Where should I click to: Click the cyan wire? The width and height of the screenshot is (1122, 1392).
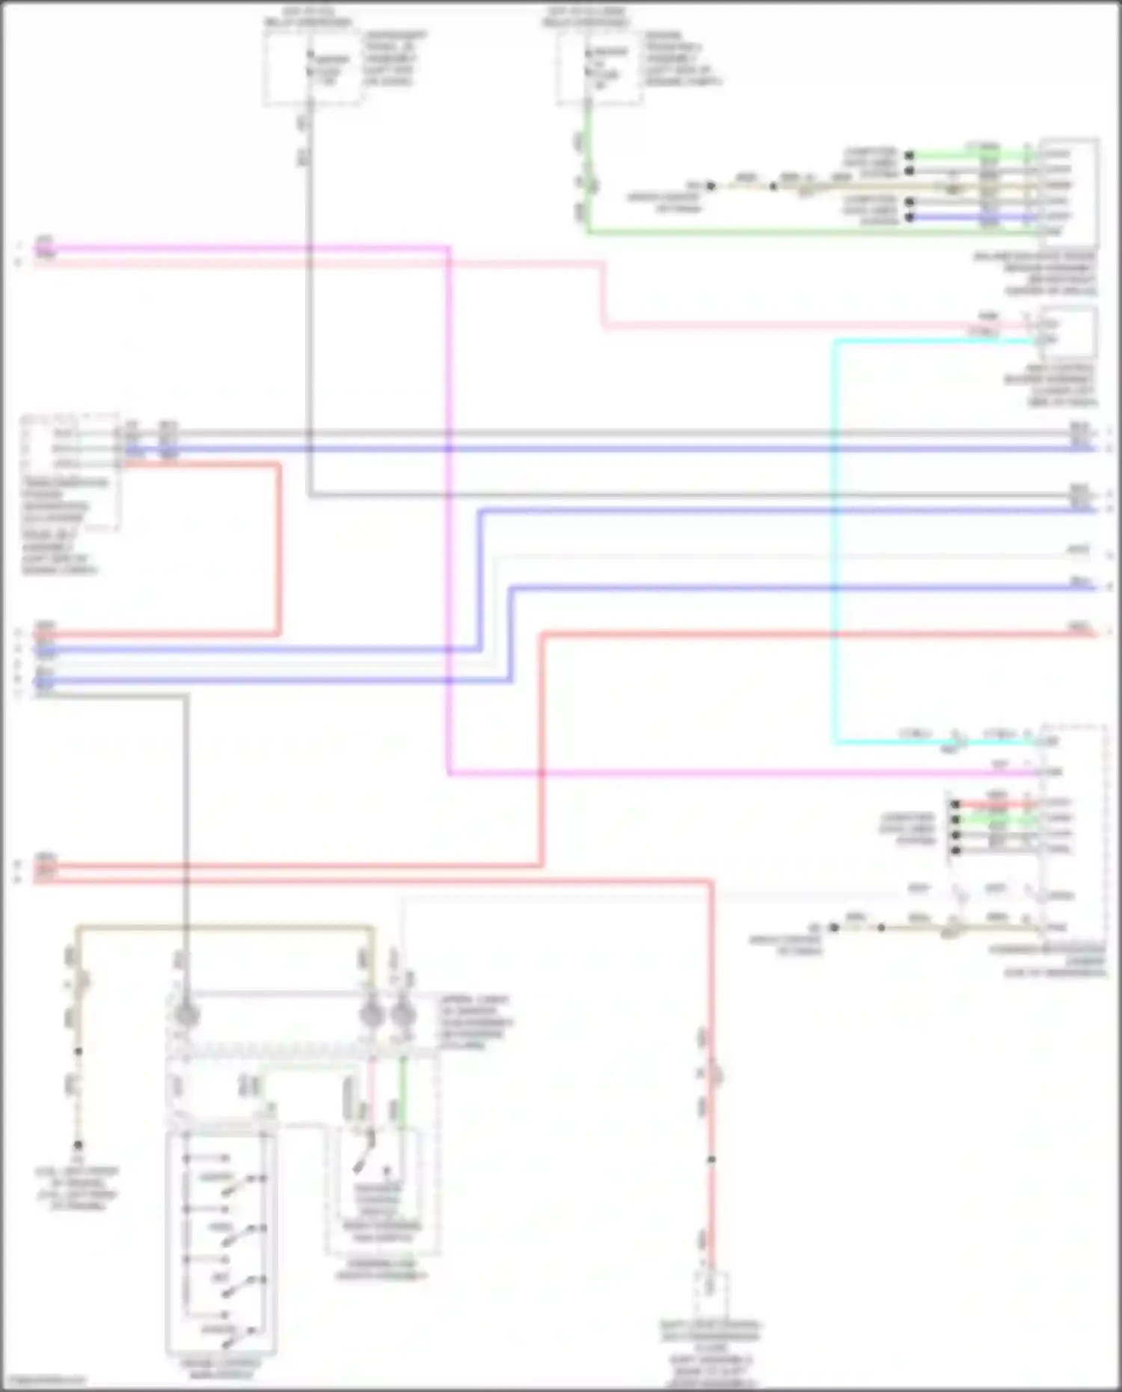[836, 539]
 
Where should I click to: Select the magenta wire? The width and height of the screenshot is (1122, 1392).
[448, 524]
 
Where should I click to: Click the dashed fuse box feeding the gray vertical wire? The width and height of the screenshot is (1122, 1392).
[313, 67]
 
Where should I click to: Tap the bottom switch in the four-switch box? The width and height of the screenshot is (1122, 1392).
[239, 1331]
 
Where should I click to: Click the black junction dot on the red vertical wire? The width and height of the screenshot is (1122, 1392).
[711, 1159]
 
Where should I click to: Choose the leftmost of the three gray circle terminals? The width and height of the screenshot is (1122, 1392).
[184, 1015]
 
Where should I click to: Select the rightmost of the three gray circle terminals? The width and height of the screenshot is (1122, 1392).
[402, 1015]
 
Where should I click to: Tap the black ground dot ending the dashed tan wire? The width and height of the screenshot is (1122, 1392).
[78, 1144]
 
